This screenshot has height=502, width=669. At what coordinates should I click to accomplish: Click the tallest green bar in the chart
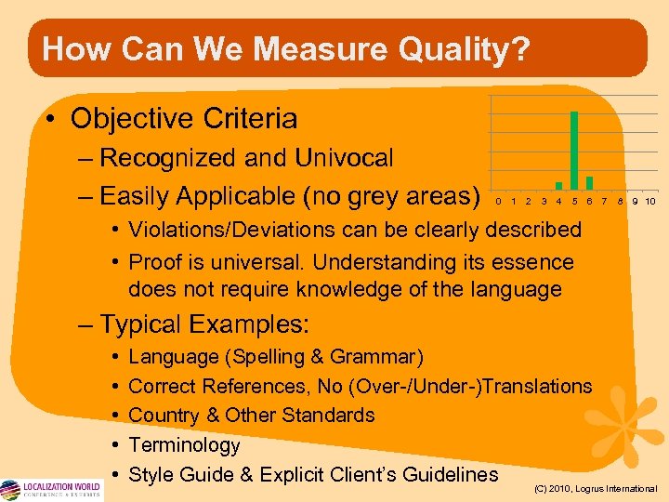[x=574, y=150]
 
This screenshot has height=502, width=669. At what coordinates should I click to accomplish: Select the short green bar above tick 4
[x=558, y=185]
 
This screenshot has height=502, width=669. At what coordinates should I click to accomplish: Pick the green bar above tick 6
[x=589, y=182]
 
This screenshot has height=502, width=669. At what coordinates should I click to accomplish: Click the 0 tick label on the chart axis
[x=498, y=201]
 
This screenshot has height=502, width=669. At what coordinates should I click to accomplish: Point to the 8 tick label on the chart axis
[x=620, y=201]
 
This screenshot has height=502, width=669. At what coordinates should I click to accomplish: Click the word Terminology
[x=184, y=445]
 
